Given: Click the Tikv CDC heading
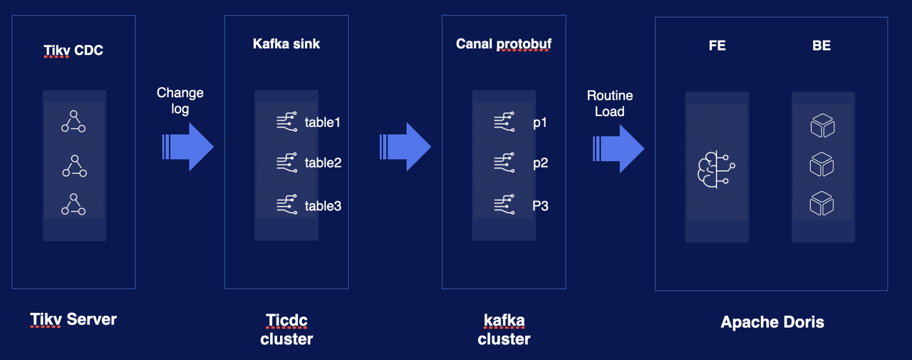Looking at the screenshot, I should point(73,50).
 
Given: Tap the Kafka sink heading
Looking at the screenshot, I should point(286,44).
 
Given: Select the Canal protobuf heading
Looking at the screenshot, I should point(504,44).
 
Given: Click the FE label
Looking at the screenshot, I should point(717,46).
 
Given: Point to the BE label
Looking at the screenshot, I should point(822,46).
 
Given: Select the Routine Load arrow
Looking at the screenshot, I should point(618,148).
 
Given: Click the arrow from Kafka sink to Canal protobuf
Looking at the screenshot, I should point(405,146).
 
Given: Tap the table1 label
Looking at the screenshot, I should point(323,123).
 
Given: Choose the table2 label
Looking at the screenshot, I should point(323,163).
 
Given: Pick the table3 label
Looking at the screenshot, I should point(323,206).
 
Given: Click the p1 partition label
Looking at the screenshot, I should point(540,123).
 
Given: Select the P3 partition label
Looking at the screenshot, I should point(540,206).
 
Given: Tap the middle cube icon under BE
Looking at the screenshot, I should point(822,165).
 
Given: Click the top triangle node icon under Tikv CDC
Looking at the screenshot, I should point(73,122).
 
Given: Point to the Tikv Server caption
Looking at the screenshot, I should point(73,319).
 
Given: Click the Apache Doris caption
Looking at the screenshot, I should point(772,322).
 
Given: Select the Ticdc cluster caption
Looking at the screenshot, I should point(286,329).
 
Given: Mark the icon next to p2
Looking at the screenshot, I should point(504,163).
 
